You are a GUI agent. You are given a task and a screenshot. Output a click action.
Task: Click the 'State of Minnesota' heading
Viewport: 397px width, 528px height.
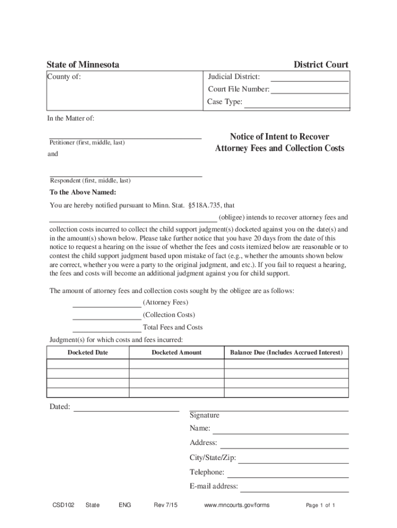(x=83, y=64)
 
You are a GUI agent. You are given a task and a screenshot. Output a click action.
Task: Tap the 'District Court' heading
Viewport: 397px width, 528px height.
(x=321, y=64)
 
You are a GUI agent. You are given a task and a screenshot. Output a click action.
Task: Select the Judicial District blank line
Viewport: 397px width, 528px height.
(x=309, y=79)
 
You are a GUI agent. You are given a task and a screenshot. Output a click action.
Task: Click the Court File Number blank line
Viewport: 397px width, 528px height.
(x=309, y=91)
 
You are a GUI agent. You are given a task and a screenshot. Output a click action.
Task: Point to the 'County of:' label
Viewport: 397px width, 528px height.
(x=64, y=77)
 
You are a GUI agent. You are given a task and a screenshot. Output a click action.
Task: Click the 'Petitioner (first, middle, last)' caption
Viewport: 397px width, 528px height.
(x=87, y=142)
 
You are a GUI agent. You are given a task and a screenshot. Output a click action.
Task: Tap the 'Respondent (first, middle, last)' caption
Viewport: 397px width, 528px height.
(x=90, y=180)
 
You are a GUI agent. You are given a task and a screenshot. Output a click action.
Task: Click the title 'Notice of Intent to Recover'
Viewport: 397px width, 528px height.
(x=279, y=137)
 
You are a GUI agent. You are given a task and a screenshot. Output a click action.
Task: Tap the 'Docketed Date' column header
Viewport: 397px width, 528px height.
(x=88, y=353)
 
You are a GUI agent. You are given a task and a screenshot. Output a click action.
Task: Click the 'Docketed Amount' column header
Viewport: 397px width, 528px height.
(x=176, y=353)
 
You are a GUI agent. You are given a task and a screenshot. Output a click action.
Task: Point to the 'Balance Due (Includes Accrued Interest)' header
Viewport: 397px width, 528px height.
(x=286, y=353)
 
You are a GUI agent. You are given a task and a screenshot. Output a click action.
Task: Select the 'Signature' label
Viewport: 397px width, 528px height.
(x=204, y=415)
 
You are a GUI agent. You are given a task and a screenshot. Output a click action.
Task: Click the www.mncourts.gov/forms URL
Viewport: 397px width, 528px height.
(x=237, y=505)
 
